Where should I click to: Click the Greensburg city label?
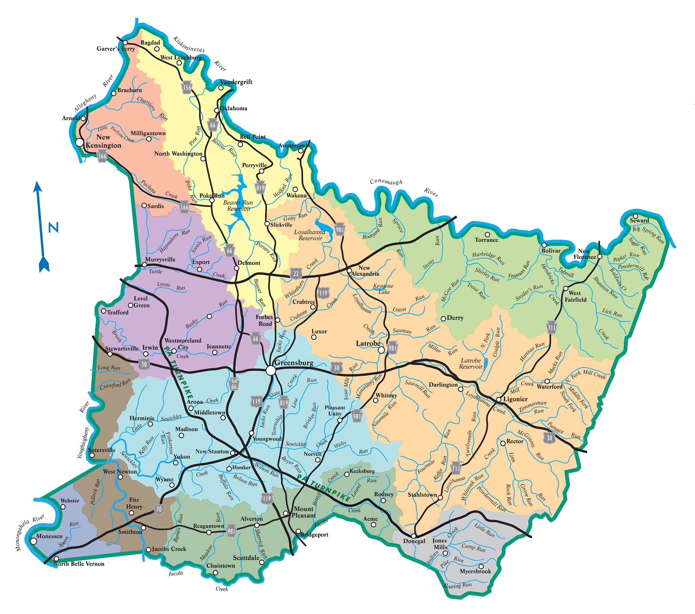click(x=294, y=362)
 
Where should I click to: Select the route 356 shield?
click(x=187, y=87)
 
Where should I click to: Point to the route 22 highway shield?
click(x=296, y=273)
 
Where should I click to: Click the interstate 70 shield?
click(x=159, y=509)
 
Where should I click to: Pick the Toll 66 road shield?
click(x=234, y=384)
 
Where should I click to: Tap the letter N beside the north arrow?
click(x=53, y=227)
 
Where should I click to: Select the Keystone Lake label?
click(x=384, y=289)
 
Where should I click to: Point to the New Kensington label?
click(x=103, y=141)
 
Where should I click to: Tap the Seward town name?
click(x=639, y=221)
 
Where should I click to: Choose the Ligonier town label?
click(x=516, y=399)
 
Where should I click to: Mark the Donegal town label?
click(x=414, y=541)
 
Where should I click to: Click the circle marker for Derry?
click(x=443, y=319)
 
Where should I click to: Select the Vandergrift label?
click(x=236, y=82)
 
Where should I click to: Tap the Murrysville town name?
click(x=160, y=260)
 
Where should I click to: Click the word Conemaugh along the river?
click(x=386, y=182)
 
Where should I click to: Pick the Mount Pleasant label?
click(x=304, y=512)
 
